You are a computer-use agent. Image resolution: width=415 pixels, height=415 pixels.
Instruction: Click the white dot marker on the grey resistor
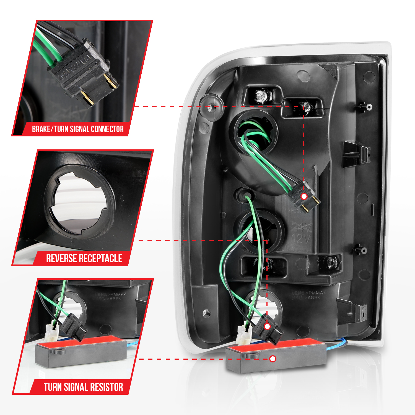(273, 359)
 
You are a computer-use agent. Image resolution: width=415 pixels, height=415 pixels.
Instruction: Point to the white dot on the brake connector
(304, 196)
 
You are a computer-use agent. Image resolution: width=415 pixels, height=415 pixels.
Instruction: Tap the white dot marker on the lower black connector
(267, 326)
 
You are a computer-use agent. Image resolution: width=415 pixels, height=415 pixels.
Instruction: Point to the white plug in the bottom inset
(51, 332)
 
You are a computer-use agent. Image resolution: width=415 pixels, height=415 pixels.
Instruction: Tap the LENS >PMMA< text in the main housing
(308, 293)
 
